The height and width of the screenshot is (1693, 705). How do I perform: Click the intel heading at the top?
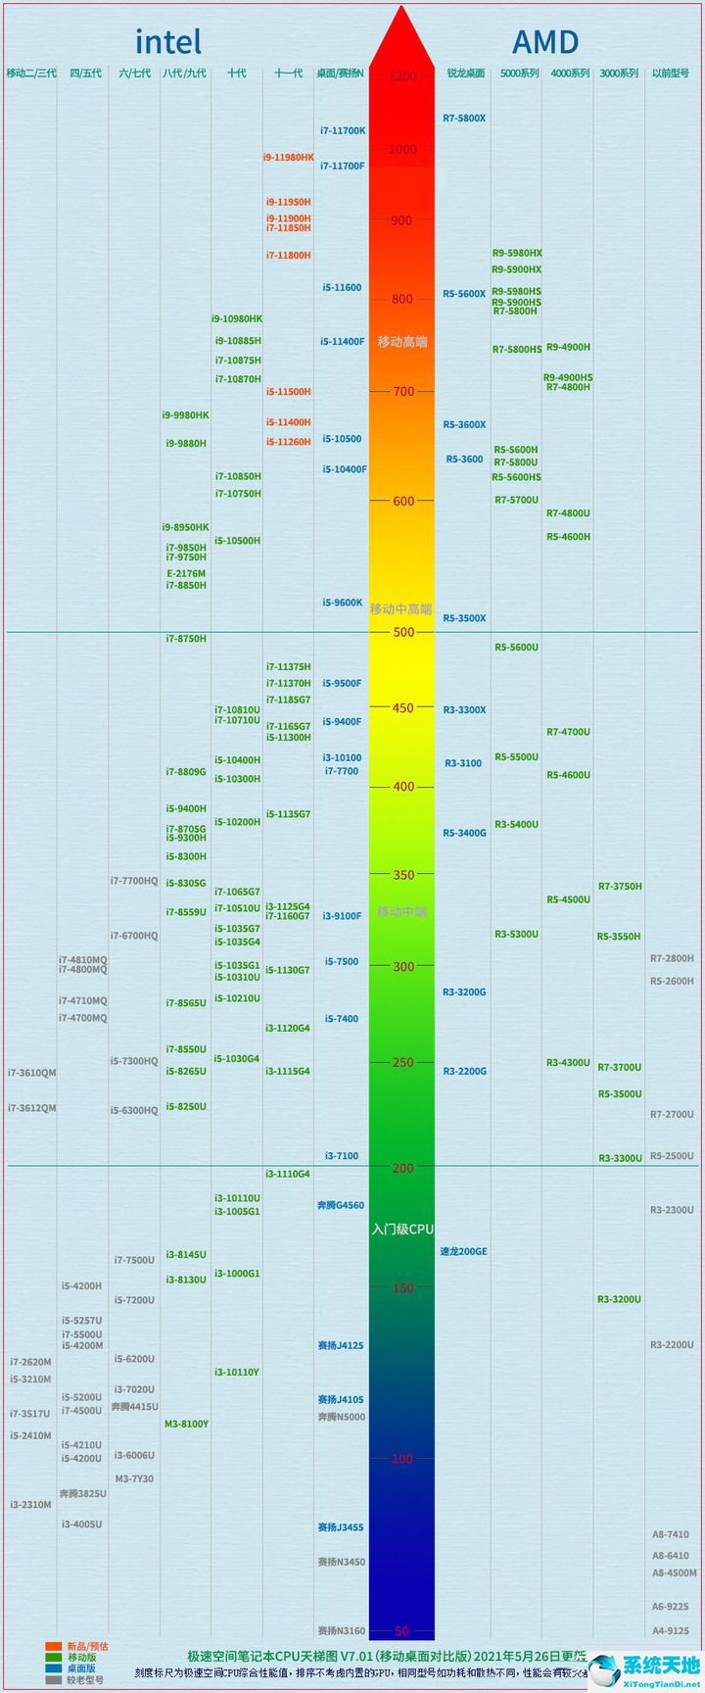(x=167, y=42)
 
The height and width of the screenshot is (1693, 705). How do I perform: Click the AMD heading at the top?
(x=545, y=42)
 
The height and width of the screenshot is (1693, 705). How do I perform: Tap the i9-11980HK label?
(x=288, y=158)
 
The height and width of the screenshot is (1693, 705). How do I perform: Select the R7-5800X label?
(x=464, y=119)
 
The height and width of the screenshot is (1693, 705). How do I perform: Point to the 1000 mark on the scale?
(x=401, y=150)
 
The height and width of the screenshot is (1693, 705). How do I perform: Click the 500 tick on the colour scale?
(x=401, y=632)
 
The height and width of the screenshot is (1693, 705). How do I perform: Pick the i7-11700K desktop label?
(x=343, y=130)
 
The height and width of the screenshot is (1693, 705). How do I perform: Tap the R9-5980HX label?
(x=516, y=254)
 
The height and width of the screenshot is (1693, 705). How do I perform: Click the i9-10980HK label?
(x=237, y=319)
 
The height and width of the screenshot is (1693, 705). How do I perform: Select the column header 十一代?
(x=288, y=73)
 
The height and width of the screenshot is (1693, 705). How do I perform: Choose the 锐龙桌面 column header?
(x=465, y=73)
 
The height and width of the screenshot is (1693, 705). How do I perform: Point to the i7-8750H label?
(x=186, y=639)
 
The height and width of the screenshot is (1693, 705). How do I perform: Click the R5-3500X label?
(x=464, y=619)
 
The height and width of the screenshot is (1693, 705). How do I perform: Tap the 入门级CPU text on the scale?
(x=401, y=1229)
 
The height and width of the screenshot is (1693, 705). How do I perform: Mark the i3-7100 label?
(x=342, y=1156)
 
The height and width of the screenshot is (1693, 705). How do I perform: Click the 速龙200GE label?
(x=463, y=1252)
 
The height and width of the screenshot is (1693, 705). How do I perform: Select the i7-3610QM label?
(x=32, y=1074)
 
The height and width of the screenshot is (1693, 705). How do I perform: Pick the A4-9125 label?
(x=671, y=1631)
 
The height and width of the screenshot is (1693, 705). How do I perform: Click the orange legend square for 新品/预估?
(x=53, y=1646)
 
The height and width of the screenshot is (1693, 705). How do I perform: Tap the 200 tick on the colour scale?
(x=401, y=1168)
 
